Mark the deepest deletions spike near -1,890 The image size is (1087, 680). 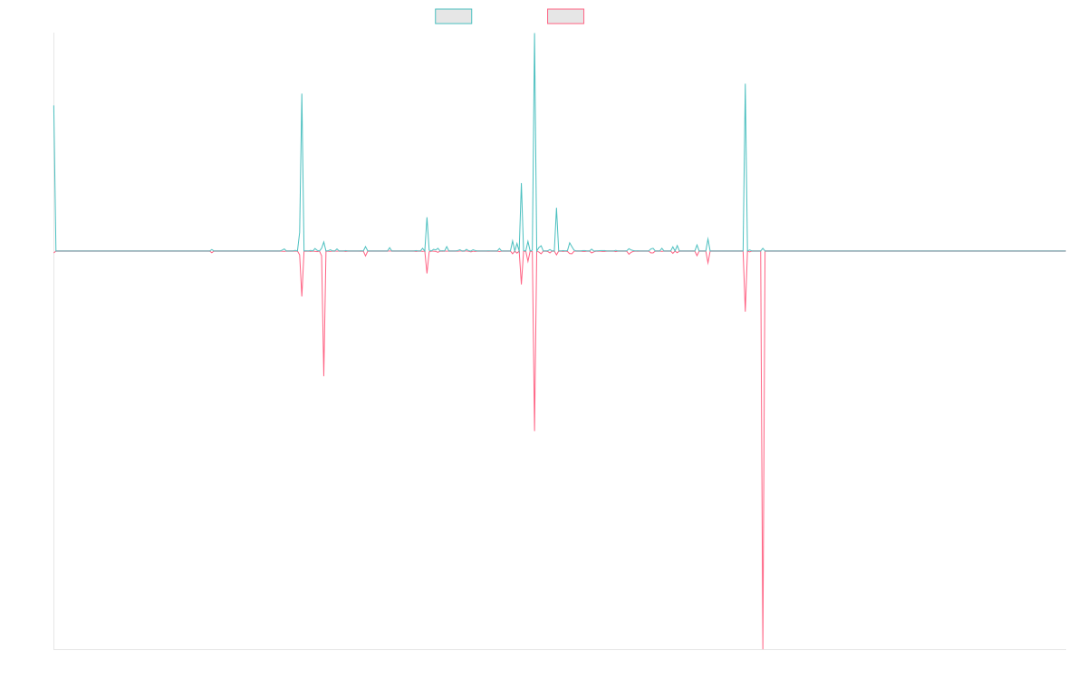tap(763, 647)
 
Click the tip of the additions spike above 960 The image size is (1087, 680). tap(534, 34)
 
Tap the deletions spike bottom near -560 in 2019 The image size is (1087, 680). tap(323, 374)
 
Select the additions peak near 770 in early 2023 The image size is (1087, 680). tap(745, 85)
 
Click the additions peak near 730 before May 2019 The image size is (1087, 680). tap(302, 95)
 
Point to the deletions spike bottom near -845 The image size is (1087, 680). tap(534, 430)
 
